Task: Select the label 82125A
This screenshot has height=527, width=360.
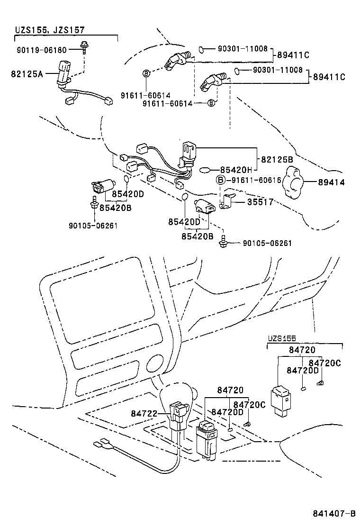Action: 27,73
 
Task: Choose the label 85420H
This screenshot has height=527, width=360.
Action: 238,170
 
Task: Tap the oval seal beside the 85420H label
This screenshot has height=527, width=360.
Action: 207,169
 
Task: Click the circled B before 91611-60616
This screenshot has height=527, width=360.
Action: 221,180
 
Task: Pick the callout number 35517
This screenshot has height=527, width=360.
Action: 260,202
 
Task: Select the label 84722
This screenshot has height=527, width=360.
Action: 144,414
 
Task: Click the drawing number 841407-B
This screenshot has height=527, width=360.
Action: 333,514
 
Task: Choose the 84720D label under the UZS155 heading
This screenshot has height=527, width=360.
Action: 302,370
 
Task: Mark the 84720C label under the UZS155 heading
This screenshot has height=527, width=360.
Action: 328,363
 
